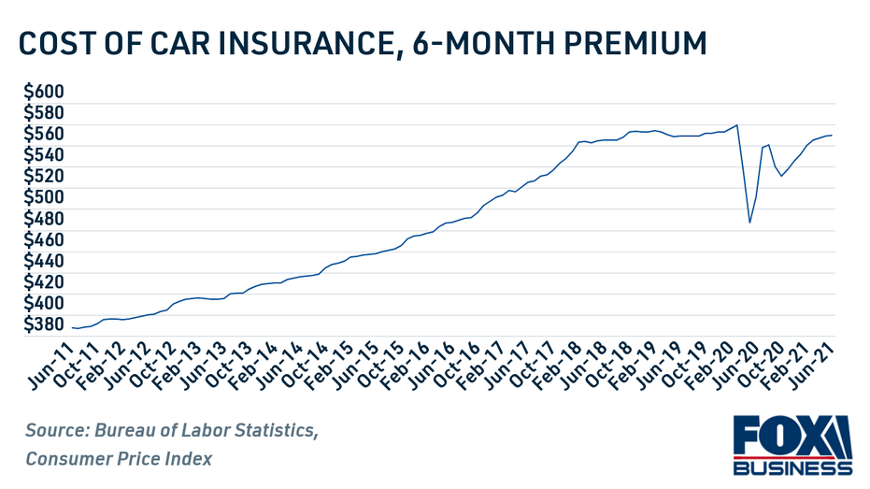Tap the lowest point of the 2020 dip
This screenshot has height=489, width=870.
(749, 223)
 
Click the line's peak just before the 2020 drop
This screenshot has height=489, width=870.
(737, 125)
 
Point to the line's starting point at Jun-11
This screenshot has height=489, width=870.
(73, 327)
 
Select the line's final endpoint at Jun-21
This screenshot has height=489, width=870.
(832, 136)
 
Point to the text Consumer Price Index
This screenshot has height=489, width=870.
(119, 458)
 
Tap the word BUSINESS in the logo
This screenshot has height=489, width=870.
(792, 467)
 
